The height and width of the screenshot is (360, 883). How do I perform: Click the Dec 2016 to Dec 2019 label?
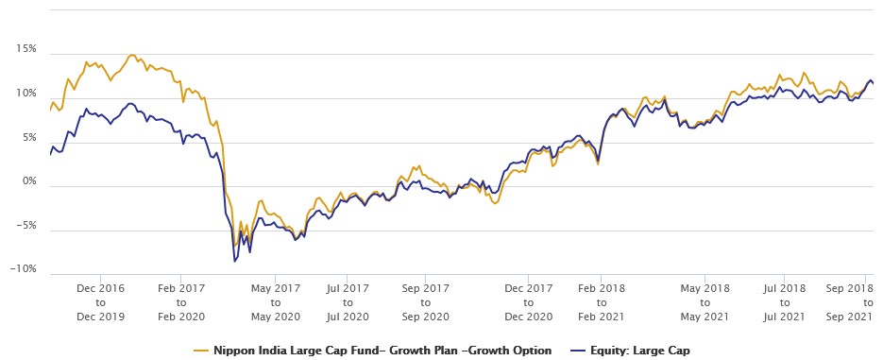point(100,301)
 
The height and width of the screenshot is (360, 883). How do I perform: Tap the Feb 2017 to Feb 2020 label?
point(180,301)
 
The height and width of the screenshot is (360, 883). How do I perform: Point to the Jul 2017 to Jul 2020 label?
point(347,301)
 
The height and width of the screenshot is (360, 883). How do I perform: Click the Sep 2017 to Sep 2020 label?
point(425,301)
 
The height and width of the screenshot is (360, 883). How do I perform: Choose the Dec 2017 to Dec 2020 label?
point(528,301)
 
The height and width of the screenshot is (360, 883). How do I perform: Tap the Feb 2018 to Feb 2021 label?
point(602,301)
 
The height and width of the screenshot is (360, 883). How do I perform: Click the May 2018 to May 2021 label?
point(705,301)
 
